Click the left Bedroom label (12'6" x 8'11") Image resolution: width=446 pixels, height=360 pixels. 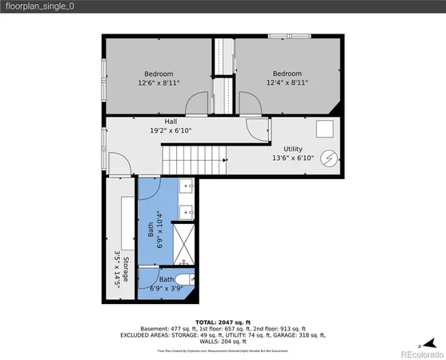point(158,78)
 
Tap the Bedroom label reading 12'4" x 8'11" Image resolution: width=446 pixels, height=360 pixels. point(287,78)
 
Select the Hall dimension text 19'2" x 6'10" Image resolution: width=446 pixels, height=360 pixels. point(171,130)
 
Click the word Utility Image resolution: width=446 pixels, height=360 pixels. point(292,149)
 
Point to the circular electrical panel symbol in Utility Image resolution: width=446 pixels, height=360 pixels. point(328,158)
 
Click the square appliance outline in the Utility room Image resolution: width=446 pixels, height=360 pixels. point(324,129)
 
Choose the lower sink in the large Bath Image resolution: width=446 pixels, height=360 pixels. point(187,212)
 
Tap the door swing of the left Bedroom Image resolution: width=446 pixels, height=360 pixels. point(195,105)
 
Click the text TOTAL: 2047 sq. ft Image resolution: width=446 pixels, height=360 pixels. point(223,321)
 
